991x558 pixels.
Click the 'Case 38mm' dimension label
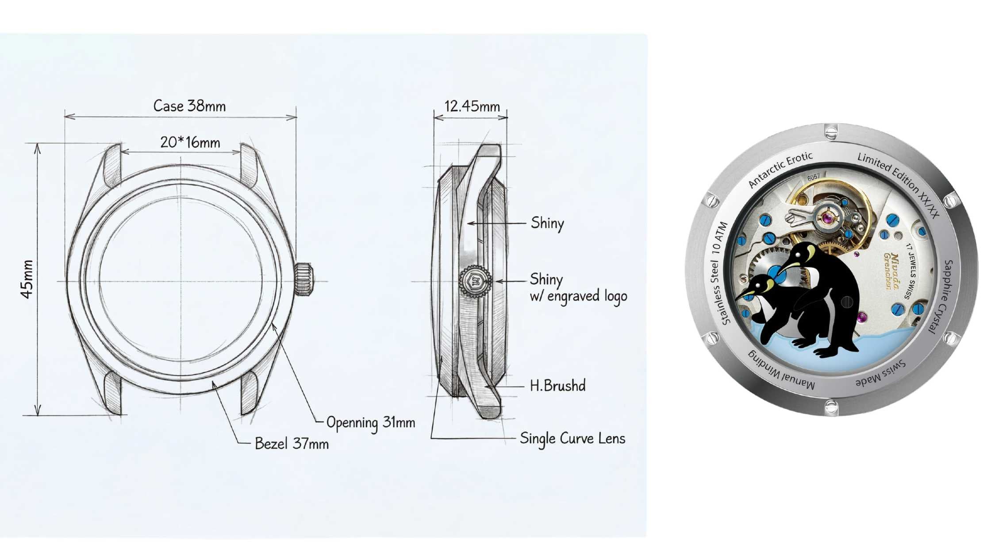(189, 106)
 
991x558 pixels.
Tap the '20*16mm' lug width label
(190, 143)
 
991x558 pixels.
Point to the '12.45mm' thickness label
(472, 106)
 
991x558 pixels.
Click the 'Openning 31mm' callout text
(371, 423)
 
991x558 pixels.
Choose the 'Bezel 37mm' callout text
(292, 443)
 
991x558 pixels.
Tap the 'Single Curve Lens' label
(572, 438)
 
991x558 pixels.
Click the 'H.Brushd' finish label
(557, 385)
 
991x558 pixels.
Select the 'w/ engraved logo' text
(578, 296)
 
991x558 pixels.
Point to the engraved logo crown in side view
(476, 280)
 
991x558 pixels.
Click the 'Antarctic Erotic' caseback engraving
(780, 169)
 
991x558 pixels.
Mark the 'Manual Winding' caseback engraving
(781, 370)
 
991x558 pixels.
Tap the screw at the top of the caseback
(831, 132)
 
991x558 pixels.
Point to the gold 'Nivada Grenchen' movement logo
(891, 271)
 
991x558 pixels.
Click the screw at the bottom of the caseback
(831, 407)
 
